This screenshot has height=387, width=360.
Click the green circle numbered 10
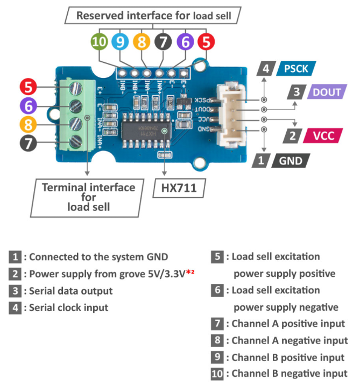tap(100, 41)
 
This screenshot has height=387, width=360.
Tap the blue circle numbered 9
tap(121, 41)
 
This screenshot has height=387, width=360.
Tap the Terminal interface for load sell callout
tap(88, 197)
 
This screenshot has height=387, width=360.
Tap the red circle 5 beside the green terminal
tap(28, 87)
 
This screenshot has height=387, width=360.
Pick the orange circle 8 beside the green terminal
tap(28, 125)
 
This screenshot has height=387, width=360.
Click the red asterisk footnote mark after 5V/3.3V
tap(189, 274)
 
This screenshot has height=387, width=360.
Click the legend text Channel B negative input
tap(290, 374)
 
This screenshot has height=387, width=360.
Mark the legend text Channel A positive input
tap(288, 324)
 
